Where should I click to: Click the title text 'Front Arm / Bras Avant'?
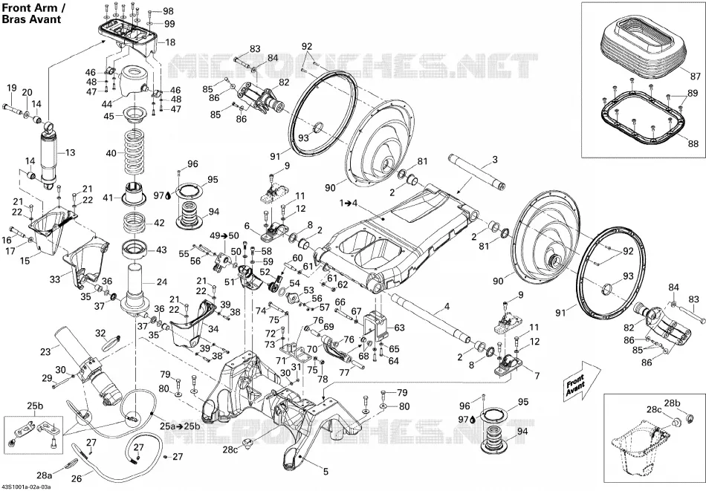click(x=31, y=13)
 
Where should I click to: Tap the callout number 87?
click(x=696, y=76)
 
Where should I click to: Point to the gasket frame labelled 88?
click(x=644, y=119)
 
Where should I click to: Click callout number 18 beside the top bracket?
click(x=170, y=42)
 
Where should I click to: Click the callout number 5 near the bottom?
click(x=326, y=472)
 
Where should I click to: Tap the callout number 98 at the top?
click(x=168, y=11)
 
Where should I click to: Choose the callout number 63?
click(x=399, y=328)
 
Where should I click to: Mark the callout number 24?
click(x=162, y=282)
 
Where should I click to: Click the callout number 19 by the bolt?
click(x=12, y=88)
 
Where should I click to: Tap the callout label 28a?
click(x=45, y=475)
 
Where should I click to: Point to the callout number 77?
click(x=344, y=372)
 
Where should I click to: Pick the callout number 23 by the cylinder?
click(x=45, y=351)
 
